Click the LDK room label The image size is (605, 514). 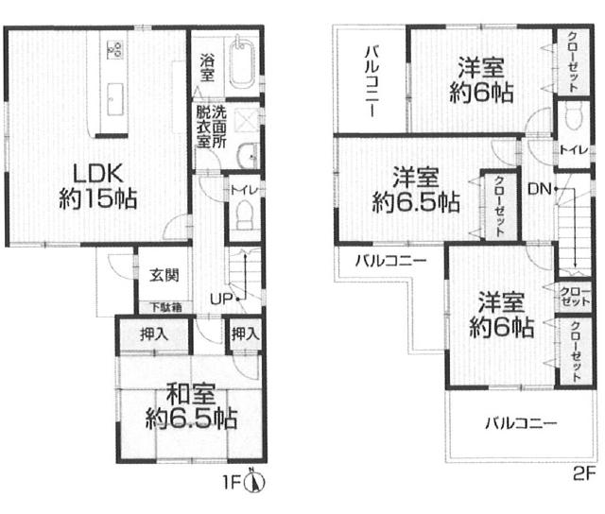pos(97,186)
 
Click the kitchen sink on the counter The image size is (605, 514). pos(114,99)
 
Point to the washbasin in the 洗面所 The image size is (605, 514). pos(248,155)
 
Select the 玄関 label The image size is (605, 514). pos(164,275)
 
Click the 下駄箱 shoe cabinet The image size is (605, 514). pos(165,307)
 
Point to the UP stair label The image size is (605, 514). pos(220,299)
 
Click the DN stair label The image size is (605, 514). pos(540,189)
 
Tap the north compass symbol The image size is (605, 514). pos(255,482)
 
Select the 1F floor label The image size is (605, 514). pos(232,483)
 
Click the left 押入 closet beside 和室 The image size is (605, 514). pos(154,334)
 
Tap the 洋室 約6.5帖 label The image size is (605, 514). pos(416,190)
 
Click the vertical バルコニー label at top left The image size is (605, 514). pos(372,81)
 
